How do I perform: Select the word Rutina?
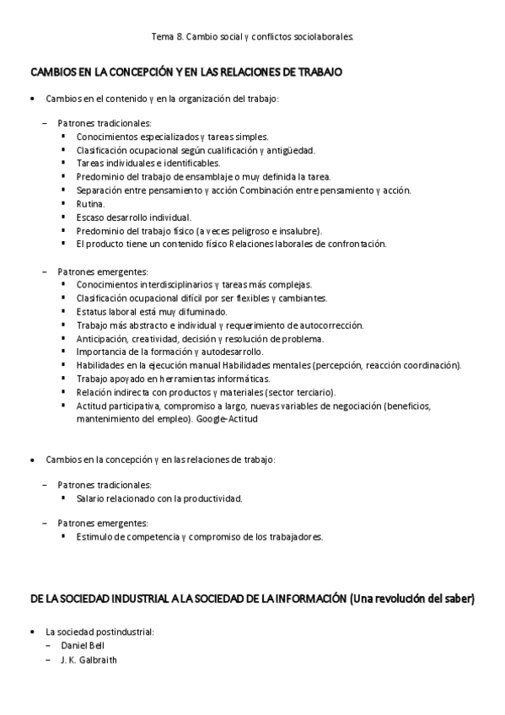[x=90, y=203]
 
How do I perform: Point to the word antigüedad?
[x=266, y=149]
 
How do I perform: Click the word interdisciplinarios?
[x=170, y=284]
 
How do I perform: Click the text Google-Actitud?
[x=227, y=419]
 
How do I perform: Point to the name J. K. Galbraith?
[x=89, y=659]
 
